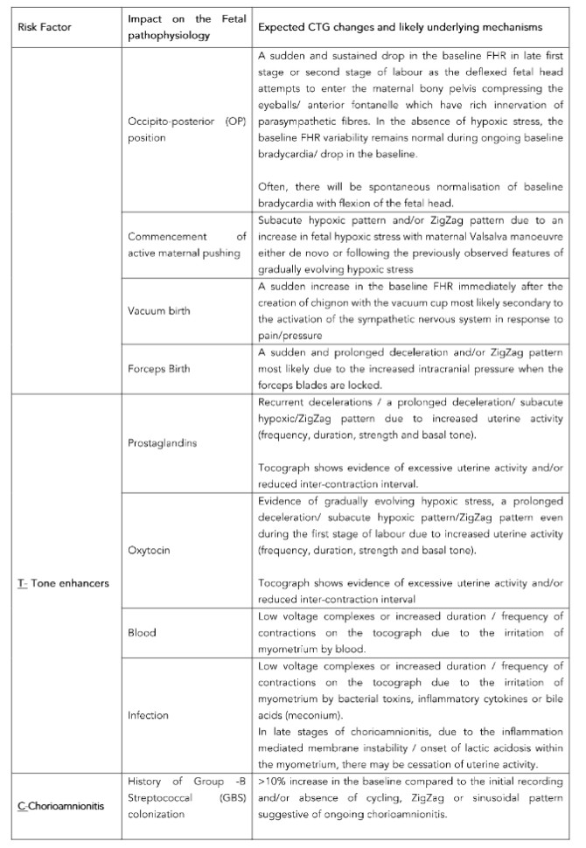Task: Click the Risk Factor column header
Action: point(45,27)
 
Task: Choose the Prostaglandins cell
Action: point(162,442)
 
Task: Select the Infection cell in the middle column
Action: point(148,713)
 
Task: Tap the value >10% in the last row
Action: point(271,781)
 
